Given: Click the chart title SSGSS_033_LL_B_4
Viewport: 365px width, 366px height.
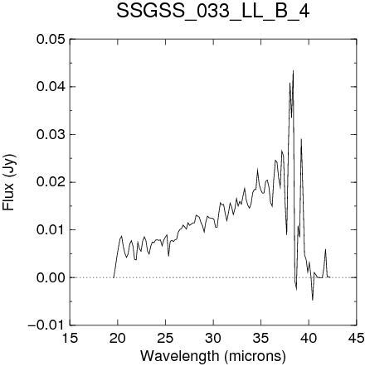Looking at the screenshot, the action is pos(212,12).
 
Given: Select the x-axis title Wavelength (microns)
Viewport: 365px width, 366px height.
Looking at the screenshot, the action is pos(213,355).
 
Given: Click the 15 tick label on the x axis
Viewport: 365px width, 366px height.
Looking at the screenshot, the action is pos(70,338).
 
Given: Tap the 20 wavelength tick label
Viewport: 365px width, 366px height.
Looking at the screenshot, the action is pos(118,338).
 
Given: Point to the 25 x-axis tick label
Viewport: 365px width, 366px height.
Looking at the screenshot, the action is pos(165,338).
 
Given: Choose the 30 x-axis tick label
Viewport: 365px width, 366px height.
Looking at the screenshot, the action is pos(213,338).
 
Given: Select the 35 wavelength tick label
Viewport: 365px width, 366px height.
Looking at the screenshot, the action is pos(261,338).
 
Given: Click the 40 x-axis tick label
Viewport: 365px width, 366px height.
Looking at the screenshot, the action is pos(309,338).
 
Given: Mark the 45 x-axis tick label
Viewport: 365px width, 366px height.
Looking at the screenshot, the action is pos(357,338).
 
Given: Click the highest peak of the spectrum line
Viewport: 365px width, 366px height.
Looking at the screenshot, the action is pos(293,70).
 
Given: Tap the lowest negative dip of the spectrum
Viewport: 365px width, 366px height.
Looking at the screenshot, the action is pos(313,300).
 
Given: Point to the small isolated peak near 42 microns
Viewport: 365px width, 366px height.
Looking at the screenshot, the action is pos(326,249).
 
